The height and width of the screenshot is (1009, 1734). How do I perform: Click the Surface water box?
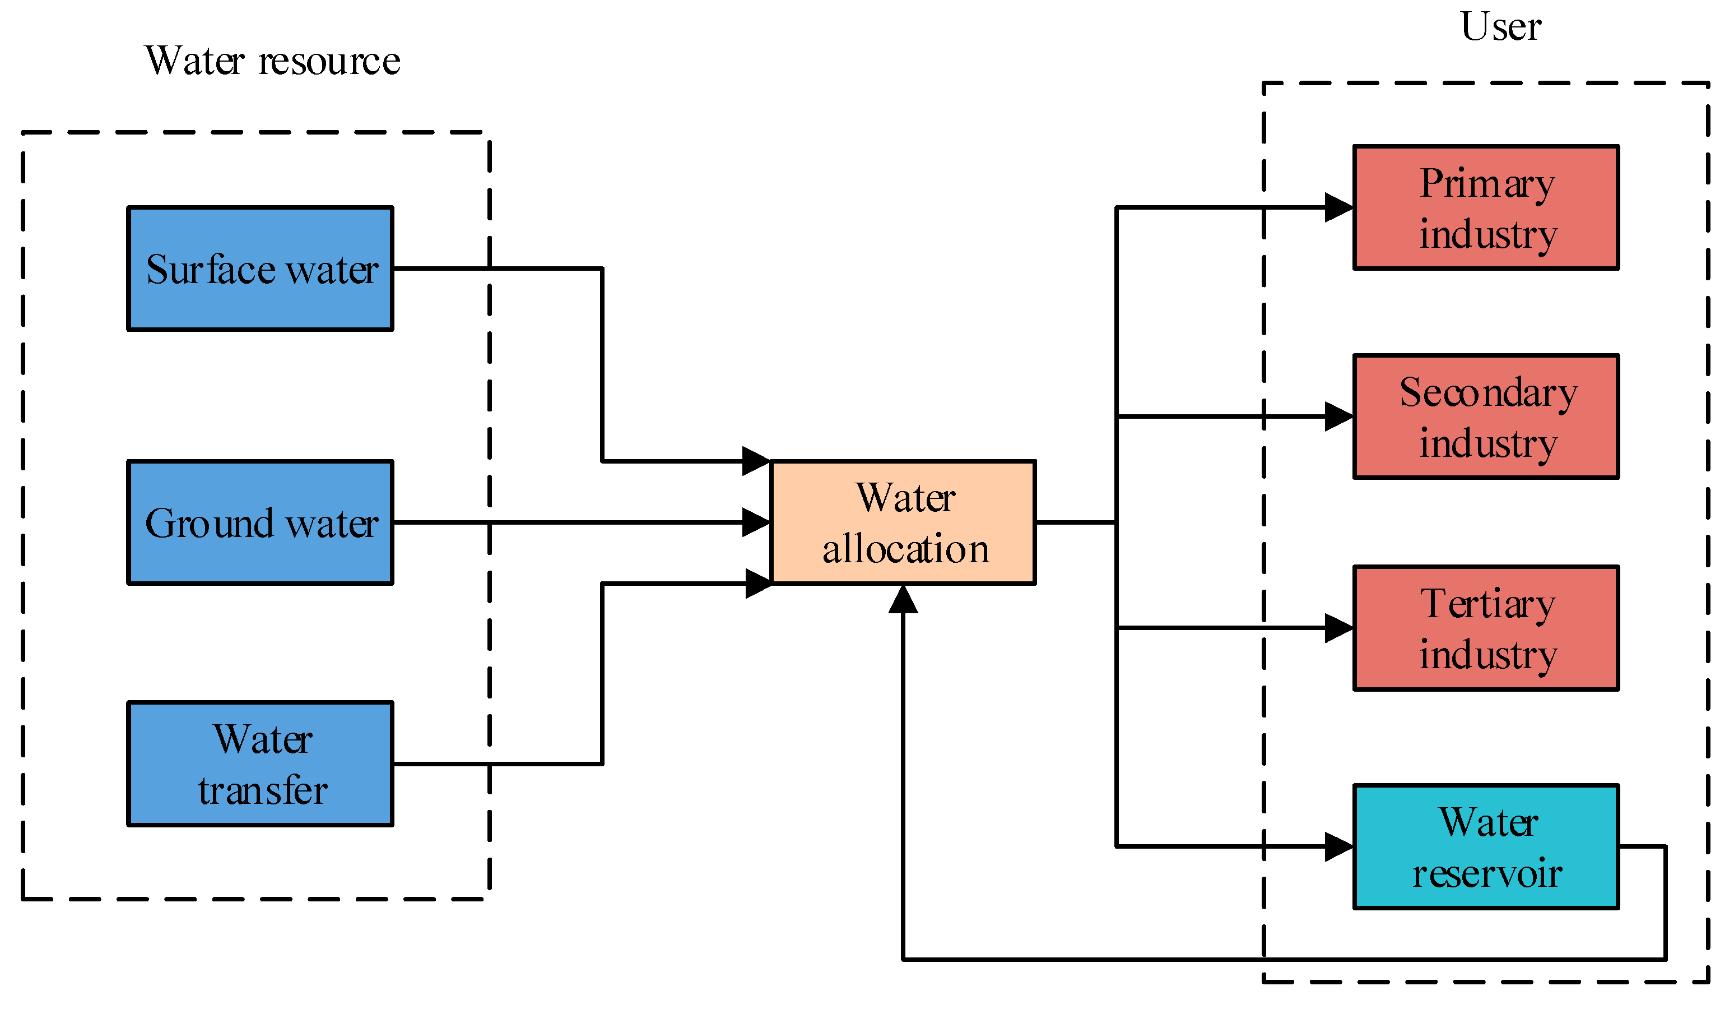(260, 269)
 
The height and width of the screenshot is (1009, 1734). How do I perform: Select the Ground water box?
(260, 523)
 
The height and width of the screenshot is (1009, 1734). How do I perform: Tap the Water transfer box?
(260, 764)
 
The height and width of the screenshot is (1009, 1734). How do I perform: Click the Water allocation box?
(903, 523)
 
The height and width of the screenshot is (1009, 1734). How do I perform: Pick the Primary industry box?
(1486, 207)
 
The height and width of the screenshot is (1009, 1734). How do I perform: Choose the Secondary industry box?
(1486, 416)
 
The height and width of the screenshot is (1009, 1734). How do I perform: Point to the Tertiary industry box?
(1486, 628)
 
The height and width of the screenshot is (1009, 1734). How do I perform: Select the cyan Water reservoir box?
(1486, 846)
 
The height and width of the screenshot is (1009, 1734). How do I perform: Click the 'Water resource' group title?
(272, 61)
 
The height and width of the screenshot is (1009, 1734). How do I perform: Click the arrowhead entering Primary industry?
(1338, 207)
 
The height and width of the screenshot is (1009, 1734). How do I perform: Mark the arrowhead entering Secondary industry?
(1338, 416)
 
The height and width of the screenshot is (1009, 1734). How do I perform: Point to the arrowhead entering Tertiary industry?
(1338, 628)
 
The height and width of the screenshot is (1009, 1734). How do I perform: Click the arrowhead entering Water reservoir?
(1338, 846)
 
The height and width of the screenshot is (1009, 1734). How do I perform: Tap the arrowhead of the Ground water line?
(756, 522)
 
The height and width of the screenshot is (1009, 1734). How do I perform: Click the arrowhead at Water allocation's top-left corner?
(756, 461)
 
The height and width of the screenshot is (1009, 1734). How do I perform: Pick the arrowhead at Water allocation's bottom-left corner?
(758, 584)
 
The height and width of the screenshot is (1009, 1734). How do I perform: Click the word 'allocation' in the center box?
(905, 550)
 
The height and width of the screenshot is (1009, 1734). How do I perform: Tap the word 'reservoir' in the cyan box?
(1487, 874)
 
